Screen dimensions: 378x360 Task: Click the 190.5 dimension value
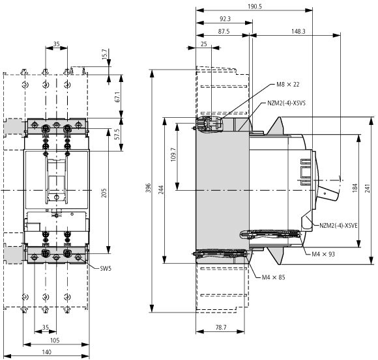coord(255,7)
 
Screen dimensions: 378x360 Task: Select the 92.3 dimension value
coord(225,19)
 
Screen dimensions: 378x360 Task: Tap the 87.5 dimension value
coord(224,31)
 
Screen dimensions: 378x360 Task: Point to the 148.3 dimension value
coord(298,31)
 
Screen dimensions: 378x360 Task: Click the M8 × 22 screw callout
coord(288,84)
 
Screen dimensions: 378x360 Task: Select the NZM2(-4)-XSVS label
coord(286,103)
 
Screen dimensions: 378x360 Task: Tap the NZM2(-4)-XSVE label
coord(338,226)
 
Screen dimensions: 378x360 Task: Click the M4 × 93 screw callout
coord(323,254)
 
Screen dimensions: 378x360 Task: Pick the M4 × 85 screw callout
coord(273,277)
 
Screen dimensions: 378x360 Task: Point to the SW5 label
coord(106,268)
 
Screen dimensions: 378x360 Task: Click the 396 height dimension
coord(149,188)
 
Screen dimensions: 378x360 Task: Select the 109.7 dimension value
coord(173,154)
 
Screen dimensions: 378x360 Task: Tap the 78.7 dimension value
coord(221,327)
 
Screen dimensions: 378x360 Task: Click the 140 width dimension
coord(46,352)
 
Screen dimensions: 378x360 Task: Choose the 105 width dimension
coord(55,340)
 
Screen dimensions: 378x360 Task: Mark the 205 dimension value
coord(104,193)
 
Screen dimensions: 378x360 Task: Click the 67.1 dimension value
coord(118,96)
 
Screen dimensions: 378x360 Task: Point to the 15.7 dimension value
coord(104,54)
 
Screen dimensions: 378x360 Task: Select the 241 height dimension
coord(367,188)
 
